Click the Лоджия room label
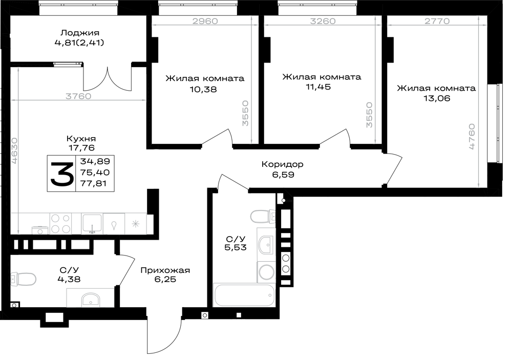pos(80,33)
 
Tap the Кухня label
pos(81,138)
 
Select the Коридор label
pos(283,164)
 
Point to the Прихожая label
pos(165,270)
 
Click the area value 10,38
pos(203,89)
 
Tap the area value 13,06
pos(437,98)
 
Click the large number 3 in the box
pos(62,174)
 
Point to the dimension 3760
pos(78,96)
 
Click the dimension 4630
pos(14,150)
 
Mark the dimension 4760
pos(472,137)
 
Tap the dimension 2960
pos(205,21)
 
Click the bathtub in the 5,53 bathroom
pos(244,295)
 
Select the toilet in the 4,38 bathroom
pos(23,279)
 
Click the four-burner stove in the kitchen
pos(61,224)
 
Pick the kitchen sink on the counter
pos(92,224)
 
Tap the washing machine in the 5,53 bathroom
pos(266,272)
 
